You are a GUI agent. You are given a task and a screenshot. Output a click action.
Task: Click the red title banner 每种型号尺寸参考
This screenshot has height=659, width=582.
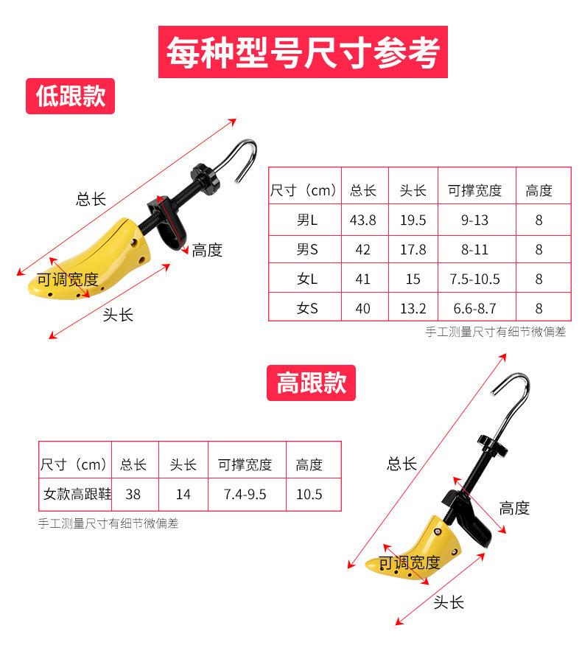[303, 52]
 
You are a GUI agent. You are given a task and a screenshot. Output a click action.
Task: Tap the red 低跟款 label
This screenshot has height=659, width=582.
[71, 97]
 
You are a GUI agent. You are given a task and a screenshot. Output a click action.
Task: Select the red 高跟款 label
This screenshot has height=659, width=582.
[311, 383]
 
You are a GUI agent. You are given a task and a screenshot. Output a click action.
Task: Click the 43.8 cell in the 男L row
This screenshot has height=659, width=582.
[362, 220]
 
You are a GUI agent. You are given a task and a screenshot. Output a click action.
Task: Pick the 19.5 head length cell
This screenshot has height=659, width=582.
[413, 220]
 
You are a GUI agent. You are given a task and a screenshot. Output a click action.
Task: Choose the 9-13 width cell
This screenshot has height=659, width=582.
[474, 220]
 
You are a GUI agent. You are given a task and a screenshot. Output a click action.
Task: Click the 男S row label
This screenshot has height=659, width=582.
[306, 250]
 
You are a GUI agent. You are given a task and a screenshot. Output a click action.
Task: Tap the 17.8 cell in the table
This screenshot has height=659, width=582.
[413, 250]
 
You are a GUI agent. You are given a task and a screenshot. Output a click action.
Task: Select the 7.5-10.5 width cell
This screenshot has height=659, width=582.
[474, 279]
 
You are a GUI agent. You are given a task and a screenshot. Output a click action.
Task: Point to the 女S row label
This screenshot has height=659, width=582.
[306, 309]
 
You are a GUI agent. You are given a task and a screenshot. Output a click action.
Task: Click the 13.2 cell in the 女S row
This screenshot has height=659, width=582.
[413, 309]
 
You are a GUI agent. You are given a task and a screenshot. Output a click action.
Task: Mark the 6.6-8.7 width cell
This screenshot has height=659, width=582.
[474, 309]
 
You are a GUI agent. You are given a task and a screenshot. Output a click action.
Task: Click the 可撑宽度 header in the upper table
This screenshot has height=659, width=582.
[474, 191]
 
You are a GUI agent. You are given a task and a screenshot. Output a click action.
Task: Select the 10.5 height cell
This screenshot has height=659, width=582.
[309, 495]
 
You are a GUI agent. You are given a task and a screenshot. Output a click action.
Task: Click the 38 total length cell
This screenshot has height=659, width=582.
[133, 495]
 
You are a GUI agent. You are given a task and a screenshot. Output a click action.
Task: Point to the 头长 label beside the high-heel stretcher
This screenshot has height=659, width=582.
[448, 602]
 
